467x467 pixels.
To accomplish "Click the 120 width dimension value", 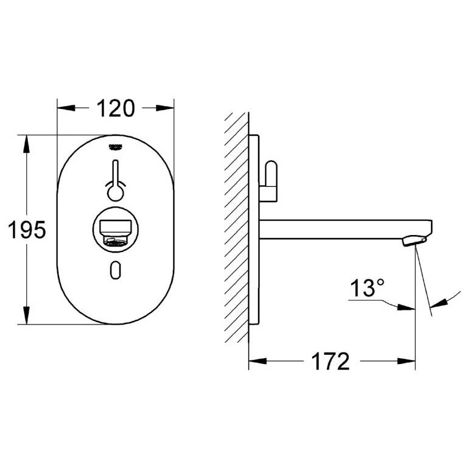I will pos(115,108).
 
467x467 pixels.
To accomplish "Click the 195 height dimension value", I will pos(25,230).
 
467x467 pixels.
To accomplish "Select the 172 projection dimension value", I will pos(331,362).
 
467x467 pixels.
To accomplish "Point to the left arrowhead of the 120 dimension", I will pos(64,108).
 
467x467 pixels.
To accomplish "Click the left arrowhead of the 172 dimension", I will pos(256,362).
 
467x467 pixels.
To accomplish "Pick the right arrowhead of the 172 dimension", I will pos(409,362).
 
